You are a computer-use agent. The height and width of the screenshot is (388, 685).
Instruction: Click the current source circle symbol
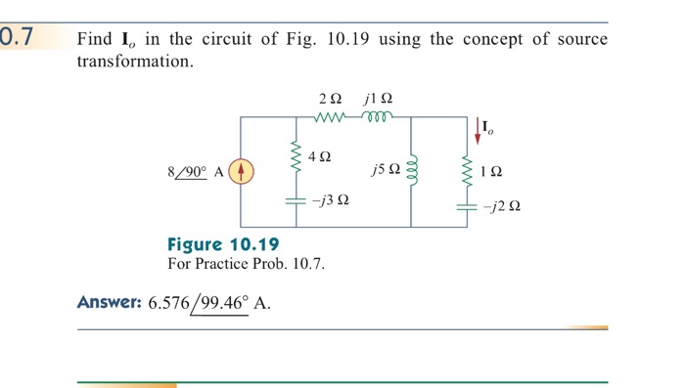(242, 171)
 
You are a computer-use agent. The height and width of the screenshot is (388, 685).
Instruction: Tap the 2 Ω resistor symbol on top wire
(331, 117)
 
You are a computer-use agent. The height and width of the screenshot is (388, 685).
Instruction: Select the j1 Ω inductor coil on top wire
(377, 117)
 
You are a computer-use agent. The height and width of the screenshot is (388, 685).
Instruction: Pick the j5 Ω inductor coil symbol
(411, 172)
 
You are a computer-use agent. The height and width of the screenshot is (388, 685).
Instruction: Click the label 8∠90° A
(196, 172)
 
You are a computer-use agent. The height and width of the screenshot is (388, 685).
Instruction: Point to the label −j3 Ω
(330, 200)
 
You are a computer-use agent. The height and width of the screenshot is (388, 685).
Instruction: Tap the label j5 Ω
(385, 172)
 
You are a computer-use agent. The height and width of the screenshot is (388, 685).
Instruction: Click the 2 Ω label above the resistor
(331, 99)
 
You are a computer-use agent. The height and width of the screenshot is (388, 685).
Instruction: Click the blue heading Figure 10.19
(223, 244)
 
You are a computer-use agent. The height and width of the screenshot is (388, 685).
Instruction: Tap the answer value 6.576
(171, 303)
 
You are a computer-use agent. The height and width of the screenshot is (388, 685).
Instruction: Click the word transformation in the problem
(134, 61)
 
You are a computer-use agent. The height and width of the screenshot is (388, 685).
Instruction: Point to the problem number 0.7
(18, 38)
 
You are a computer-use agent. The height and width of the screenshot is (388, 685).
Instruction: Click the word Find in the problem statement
(95, 39)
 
